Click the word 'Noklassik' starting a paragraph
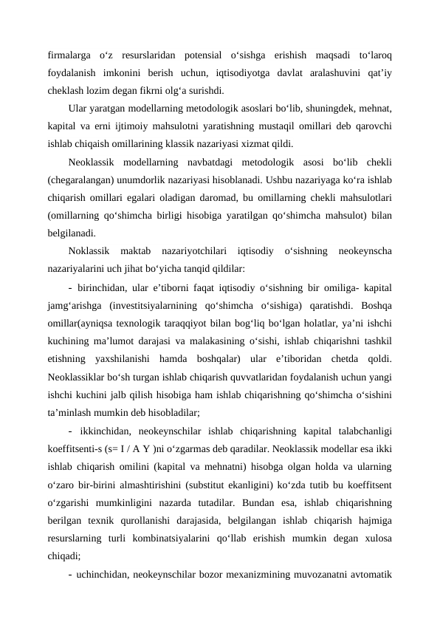[89, 251]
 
